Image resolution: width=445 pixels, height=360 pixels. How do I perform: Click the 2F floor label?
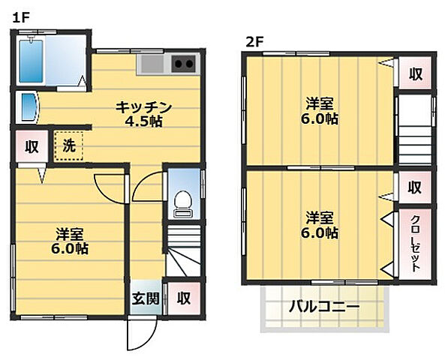point(253,42)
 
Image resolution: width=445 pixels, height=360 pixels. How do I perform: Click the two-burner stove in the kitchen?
point(183,64)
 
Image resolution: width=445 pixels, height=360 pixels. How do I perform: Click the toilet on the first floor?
point(181,200)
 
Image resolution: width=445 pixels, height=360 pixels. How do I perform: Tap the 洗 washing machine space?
point(68,145)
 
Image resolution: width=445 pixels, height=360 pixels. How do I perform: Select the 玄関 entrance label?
point(146,298)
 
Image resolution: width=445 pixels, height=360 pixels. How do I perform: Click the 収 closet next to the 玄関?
point(182,298)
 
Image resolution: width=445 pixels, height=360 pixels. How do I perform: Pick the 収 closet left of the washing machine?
point(32,146)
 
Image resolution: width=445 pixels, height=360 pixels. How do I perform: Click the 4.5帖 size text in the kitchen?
point(146,121)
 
